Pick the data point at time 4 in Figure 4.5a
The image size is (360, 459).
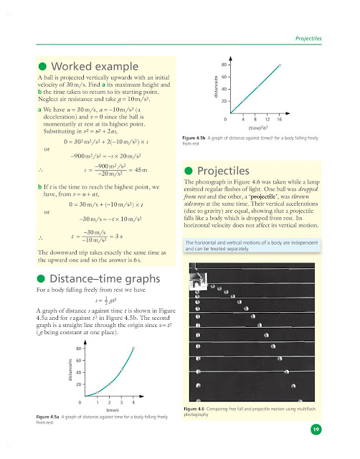pos(132,349)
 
